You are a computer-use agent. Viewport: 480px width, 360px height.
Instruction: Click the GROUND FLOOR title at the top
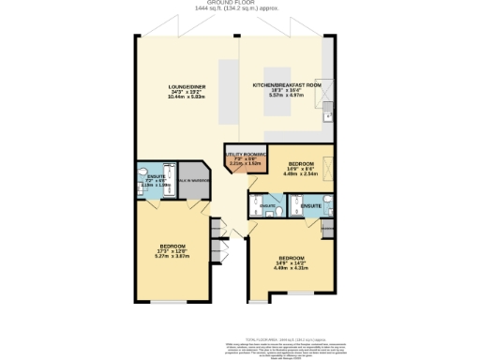click(x=240, y=3)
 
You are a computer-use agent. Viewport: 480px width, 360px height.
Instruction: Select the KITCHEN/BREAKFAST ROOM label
click(x=287, y=85)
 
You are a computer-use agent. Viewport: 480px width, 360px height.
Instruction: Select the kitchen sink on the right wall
click(x=326, y=118)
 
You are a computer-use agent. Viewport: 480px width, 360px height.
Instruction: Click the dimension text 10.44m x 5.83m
click(x=187, y=97)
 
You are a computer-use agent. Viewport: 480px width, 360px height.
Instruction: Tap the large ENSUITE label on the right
click(x=311, y=203)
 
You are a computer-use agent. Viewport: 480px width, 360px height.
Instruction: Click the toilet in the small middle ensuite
click(x=279, y=212)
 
